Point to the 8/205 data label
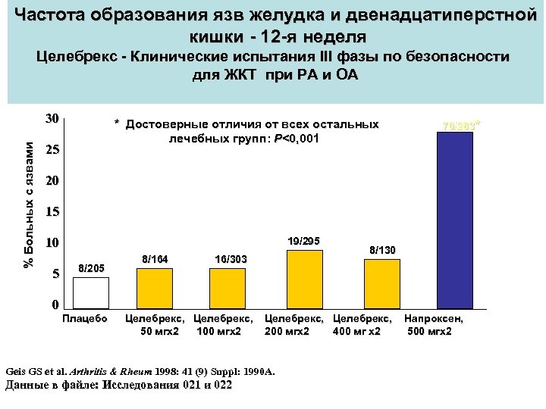[92, 267]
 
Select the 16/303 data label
[230, 259]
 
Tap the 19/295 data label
[305, 241]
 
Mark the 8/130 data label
[381, 249]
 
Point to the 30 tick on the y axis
[52, 119]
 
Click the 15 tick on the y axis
[52, 213]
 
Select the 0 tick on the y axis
[54, 305]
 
